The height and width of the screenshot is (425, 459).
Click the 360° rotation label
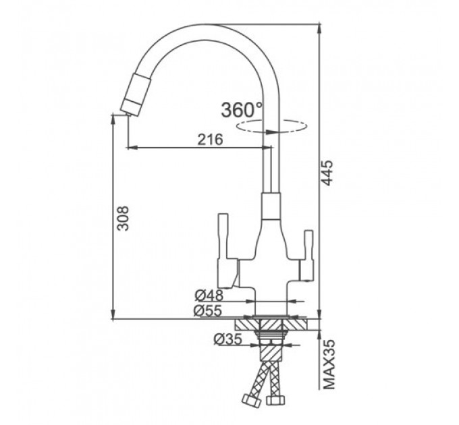point(242,110)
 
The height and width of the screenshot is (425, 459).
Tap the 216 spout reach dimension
point(210,140)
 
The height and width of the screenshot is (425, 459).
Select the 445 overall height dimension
point(327,173)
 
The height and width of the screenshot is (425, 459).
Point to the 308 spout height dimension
point(123,218)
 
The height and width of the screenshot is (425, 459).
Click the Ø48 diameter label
point(209,295)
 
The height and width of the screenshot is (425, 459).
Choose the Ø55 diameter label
point(207,311)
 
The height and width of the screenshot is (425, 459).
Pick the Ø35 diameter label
point(228,339)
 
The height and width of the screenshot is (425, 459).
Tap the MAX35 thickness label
point(329,365)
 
